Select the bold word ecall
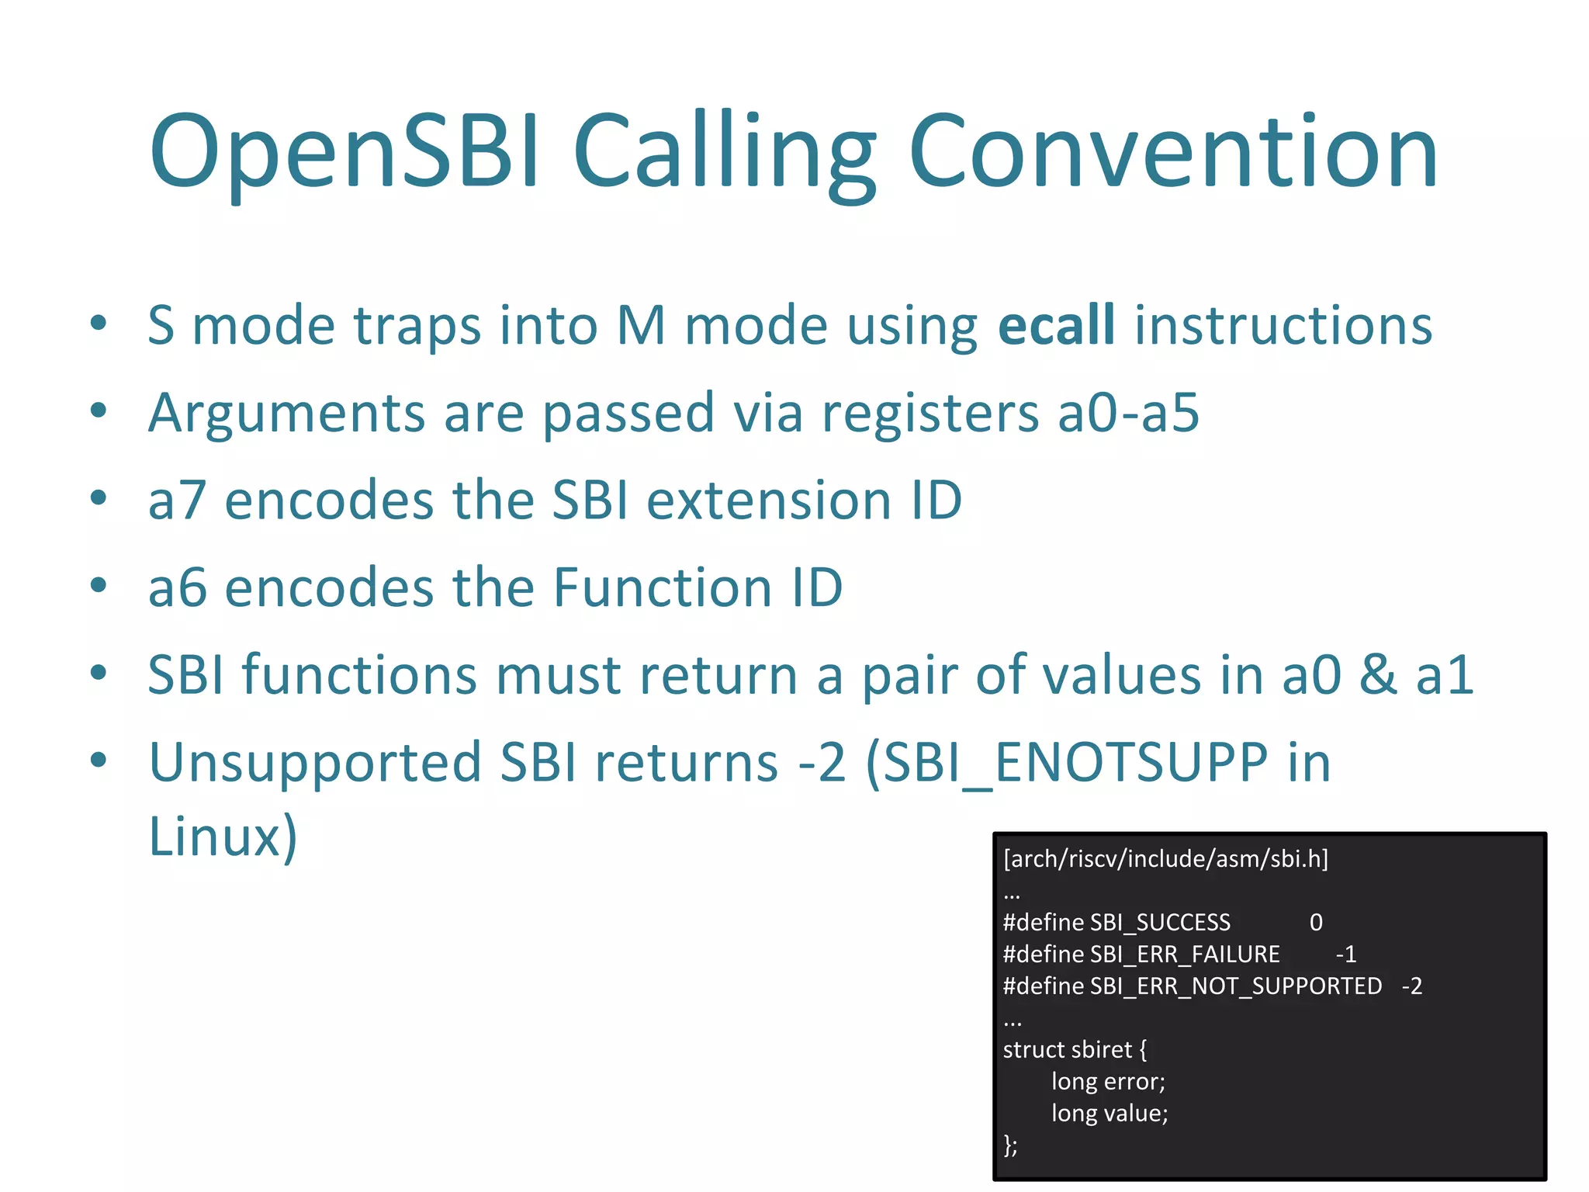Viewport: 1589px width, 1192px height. (1056, 325)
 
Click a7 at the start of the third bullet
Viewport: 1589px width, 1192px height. (177, 501)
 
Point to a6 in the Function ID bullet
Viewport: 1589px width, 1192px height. (177, 587)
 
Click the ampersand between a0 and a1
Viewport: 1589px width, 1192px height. (1378, 674)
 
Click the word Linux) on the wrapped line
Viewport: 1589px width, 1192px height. (223, 837)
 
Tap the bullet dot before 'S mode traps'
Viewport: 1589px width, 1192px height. (98, 324)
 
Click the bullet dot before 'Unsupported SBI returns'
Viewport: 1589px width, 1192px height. (98, 761)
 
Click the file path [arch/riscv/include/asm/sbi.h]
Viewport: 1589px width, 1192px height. (1165, 859)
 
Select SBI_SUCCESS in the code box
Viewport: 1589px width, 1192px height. (1160, 923)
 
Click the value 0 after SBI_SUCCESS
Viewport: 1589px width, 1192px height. (1316, 923)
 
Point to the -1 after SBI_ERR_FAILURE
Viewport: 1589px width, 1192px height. (1345, 955)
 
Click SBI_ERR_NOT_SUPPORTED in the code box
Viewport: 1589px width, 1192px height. (1235, 986)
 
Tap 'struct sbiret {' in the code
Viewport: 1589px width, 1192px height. (1075, 1050)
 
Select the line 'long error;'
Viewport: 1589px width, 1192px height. (1108, 1082)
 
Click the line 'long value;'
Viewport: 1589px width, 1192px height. (1110, 1114)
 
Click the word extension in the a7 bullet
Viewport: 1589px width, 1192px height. (768, 501)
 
